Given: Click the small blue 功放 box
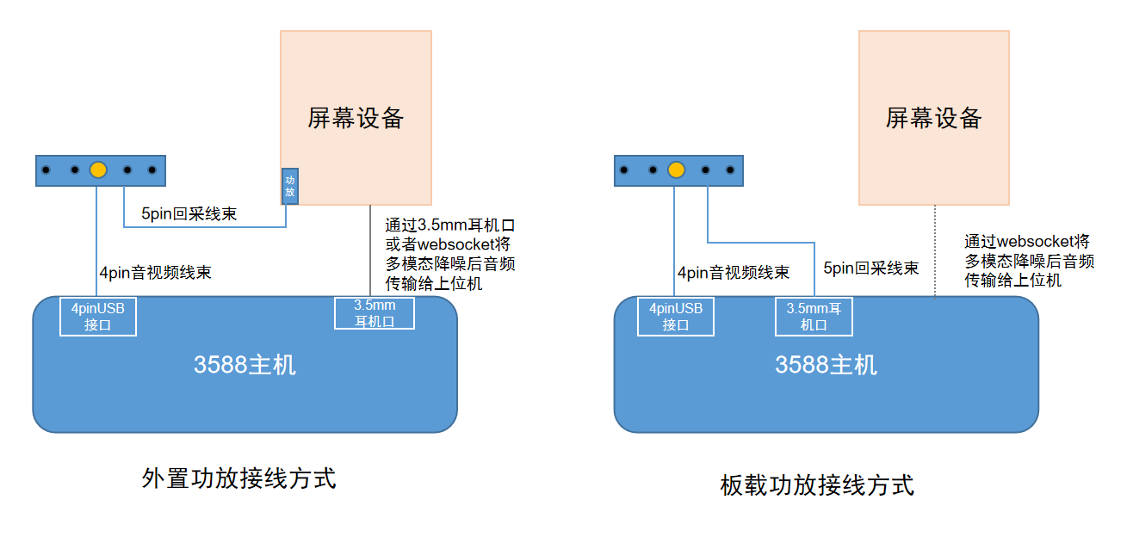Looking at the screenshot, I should pos(290,186).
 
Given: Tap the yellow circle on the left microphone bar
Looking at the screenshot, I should pos(99,170).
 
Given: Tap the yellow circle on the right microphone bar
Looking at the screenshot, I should pos(677,170).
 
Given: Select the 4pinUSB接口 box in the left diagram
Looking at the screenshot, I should pos(98,316).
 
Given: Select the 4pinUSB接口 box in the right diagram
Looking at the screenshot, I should pos(676,316).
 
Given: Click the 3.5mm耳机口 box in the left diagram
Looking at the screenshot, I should pos(375,313).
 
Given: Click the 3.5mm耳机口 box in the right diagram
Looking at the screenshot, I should pos(814,316).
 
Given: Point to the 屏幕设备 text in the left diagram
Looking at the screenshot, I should pos(356,118).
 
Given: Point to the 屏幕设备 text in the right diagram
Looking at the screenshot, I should pos(933,118).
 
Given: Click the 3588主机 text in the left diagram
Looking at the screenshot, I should pos(245,365).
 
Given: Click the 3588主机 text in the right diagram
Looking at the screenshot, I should pos(826,365).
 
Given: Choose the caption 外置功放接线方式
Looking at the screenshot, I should pos(238,478).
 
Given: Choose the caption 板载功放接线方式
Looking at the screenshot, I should pos(816,485).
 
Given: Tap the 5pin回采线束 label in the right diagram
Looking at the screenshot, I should pos(870,268).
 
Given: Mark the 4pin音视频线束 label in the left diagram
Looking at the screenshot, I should pos(155,273).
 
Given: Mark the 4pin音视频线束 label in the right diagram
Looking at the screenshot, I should pos(733,273).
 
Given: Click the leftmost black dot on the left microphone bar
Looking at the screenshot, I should pos(46,170).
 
